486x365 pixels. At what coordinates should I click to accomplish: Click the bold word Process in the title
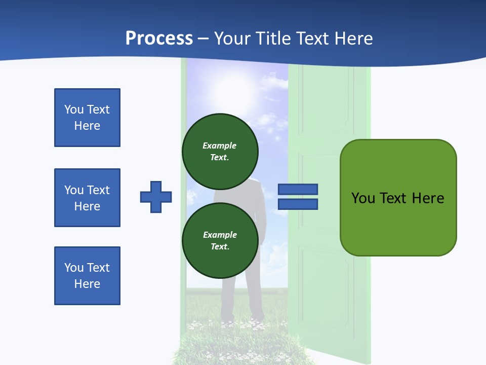159,38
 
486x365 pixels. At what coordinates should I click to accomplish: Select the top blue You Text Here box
87,118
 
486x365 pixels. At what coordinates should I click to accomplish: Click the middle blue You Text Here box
87,198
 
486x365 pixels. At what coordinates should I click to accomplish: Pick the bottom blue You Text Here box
87,276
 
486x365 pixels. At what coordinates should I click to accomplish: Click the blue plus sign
156,197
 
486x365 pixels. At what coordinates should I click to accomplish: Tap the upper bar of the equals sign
298,189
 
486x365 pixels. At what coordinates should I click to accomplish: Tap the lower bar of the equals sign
298,204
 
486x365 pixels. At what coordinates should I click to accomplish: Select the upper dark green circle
220,151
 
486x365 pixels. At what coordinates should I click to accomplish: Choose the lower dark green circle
220,240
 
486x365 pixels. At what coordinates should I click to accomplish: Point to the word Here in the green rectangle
428,198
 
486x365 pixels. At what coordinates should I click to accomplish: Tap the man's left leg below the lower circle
229,299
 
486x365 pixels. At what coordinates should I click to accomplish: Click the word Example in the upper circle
220,145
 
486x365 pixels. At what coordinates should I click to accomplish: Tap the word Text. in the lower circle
220,246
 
